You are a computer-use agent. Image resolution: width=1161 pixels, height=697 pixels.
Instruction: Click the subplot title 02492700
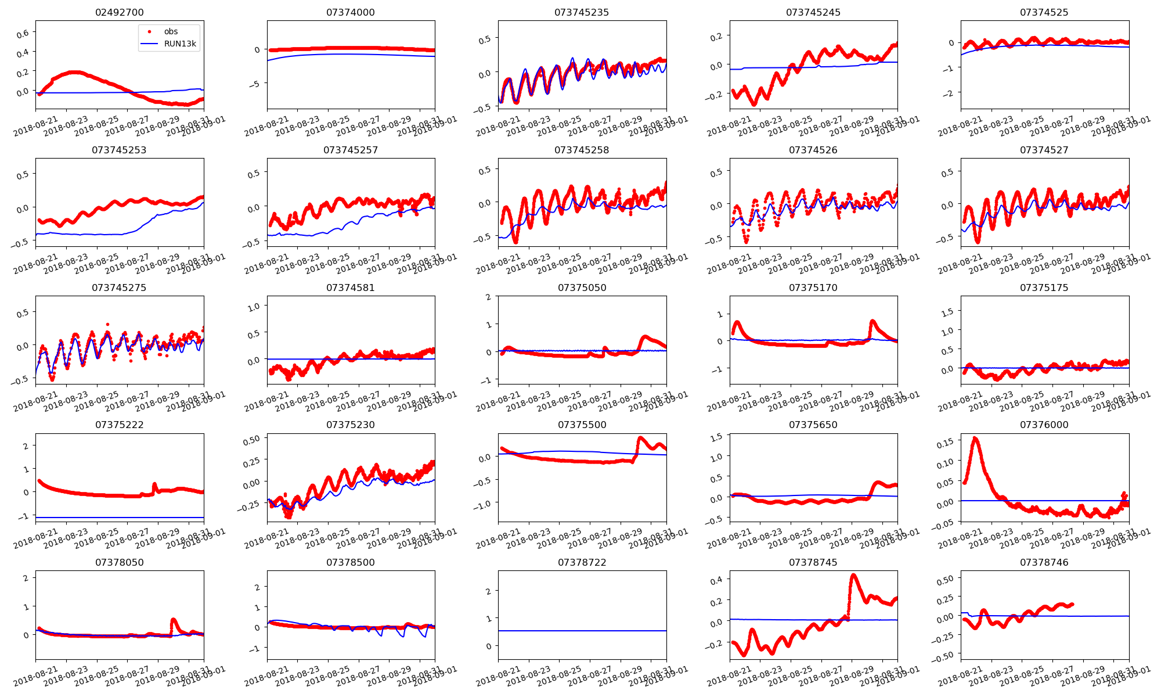pyautogui.click(x=119, y=12)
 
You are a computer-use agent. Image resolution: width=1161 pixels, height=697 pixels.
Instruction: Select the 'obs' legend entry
pyautogui.click(x=171, y=31)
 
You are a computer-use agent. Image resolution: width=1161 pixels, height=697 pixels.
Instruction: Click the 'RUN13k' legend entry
pyautogui.click(x=180, y=44)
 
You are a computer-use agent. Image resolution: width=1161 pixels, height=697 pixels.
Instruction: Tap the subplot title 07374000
pyautogui.click(x=351, y=12)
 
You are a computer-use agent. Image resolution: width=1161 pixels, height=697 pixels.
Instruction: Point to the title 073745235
pyautogui.click(x=582, y=12)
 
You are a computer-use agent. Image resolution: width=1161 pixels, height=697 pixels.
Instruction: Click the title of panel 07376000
pyautogui.click(x=1044, y=425)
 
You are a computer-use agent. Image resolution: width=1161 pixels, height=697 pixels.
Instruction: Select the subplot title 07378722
pyautogui.click(x=582, y=562)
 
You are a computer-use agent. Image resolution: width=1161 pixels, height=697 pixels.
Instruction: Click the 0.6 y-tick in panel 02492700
pyautogui.click(x=23, y=34)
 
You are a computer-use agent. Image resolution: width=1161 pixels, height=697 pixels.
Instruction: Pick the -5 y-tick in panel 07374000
pyautogui.click(x=257, y=84)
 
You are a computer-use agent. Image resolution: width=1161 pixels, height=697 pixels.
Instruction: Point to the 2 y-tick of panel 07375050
pyautogui.click(x=488, y=297)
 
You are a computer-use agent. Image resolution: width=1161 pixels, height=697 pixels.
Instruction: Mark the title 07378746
pyautogui.click(x=1044, y=562)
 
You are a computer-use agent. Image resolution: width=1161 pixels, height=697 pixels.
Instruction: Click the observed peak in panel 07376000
pyautogui.click(x=975, y=439)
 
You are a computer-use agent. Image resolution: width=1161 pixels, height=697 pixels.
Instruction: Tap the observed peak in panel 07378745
pyautogui.click(x=853, y=576)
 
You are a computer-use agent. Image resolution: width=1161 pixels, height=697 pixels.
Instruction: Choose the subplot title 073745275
pyautogui.click(x=119, y=288)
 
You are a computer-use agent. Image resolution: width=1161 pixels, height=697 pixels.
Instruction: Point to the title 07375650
pyautogui.click(x=813, y=425)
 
